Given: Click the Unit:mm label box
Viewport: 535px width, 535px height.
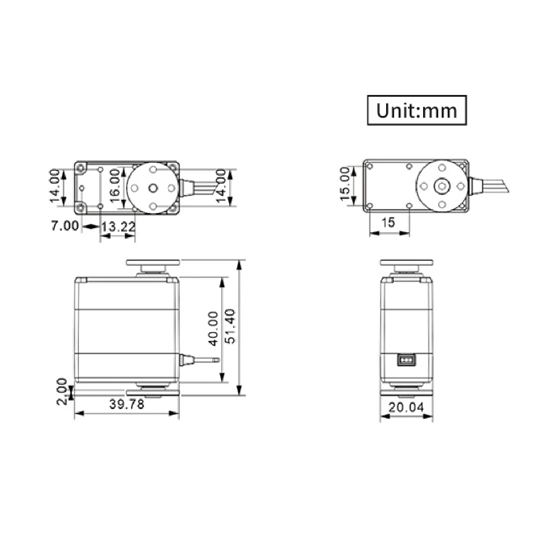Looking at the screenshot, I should click(417, 110).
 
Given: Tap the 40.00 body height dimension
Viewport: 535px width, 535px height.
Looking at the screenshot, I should click(213, 329).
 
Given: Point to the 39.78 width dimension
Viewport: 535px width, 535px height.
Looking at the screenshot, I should click(127, 404).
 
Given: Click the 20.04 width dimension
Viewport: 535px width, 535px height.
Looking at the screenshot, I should click(406, 407).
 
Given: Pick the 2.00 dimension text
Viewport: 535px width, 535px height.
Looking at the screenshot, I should click(62, 391).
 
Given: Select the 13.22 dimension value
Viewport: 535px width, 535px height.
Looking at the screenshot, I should click(118, 226).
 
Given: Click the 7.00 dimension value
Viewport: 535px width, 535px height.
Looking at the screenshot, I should click(65, 226).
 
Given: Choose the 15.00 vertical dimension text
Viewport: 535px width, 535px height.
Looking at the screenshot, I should click(345, 184).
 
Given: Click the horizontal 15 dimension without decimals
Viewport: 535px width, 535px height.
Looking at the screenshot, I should click(388, 222).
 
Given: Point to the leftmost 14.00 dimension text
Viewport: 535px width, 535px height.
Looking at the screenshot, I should click(55, 185).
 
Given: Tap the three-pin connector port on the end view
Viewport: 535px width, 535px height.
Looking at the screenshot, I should click(406, 359).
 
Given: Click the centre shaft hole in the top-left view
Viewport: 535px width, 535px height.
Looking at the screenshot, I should click(153, 188).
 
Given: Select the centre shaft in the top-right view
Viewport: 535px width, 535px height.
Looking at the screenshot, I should click(442, 186).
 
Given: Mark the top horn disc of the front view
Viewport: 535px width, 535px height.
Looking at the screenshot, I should click(152, 263).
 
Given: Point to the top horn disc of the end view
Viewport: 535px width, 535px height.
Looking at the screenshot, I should click(406, 263).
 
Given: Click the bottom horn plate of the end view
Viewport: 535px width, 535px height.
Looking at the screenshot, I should click(406, 392).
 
